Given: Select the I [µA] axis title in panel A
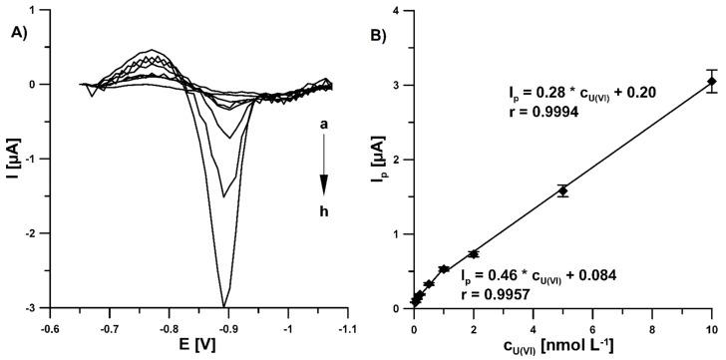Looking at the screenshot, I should [x=11, y=160].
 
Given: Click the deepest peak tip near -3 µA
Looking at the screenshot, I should [x=224, y=305].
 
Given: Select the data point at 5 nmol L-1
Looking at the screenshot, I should [x=562, y=190].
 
